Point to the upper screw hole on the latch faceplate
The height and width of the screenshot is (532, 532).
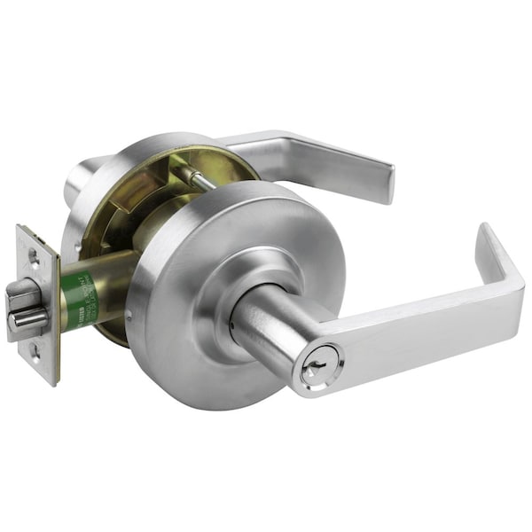click(x=34, y=257)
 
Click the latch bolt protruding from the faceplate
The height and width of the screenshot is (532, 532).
click(x=25, y=306)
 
